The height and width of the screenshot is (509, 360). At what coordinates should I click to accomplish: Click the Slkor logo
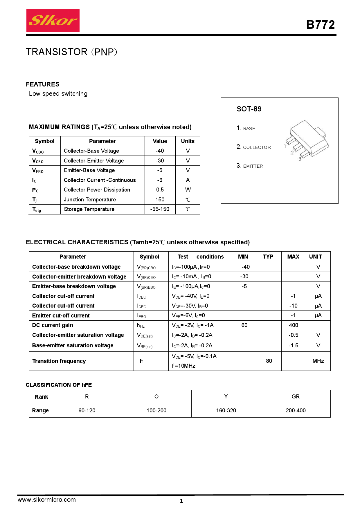tap(53, 20)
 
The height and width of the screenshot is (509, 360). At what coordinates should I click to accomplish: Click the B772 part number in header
tap(320, 25)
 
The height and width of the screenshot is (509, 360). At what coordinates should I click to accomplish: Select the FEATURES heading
tap(43, 84)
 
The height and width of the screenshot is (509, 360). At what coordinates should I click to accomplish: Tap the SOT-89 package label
tap(249, 109)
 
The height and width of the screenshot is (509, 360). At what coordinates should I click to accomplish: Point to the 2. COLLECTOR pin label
tap(254, 147)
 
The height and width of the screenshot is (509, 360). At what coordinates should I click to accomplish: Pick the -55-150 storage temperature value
tap(160, 209)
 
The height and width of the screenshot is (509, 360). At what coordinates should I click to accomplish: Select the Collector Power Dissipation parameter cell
tap(97, 190)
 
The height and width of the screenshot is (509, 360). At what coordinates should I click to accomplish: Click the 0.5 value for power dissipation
tap(160, 190)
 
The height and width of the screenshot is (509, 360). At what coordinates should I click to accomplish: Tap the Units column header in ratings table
tap(188, 141)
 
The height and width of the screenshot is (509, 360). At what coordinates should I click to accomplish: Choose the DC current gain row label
tap(53, 325)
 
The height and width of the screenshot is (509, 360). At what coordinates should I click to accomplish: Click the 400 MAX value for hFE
tap(293, 325)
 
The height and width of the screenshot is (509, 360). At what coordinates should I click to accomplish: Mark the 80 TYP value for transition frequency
tap(269, 361)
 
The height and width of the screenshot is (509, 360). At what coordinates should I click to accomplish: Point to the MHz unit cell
tap(318, 361)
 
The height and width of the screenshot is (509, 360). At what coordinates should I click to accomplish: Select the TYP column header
tap(268, 257)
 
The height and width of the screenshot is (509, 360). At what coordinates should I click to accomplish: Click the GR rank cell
tap(295, 397)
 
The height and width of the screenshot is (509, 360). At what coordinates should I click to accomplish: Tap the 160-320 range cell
tap(226, 411)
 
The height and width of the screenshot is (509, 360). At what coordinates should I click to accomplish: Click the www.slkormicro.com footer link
tap(46, 500)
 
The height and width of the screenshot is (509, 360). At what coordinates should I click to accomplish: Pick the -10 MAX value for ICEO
tap(293, 306)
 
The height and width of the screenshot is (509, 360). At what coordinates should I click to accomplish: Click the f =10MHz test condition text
tap(183, 366)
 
